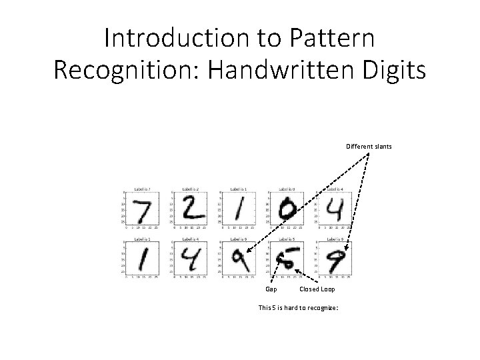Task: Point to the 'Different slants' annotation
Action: [369, 147]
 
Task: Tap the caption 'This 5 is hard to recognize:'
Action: [299, 307]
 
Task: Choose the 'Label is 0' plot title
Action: [289, 189]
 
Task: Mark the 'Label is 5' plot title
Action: [289, 238]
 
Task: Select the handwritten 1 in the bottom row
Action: [141, 259]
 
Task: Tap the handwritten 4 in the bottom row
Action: [191, 259]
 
